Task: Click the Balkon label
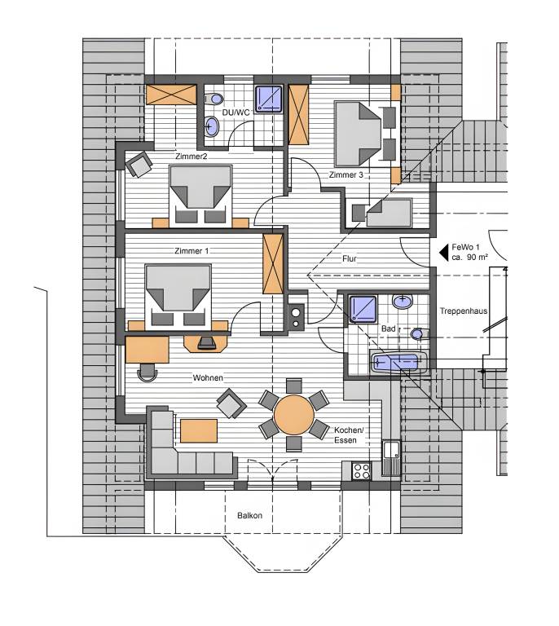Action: (250, 515)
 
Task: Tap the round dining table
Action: (294, 415)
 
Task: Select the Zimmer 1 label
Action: (191, 251)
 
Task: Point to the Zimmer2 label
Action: (191, 156)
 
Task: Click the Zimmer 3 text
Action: (346, 175)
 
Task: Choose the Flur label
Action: (349, 258)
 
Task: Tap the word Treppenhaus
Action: (464, 311)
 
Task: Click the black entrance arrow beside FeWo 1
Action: (443, 253)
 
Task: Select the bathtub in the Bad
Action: (398, 363)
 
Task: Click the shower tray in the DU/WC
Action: (269, 99)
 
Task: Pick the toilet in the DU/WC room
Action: (214, 98)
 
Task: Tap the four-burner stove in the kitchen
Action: (362, 470)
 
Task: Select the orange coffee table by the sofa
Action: (199, 430)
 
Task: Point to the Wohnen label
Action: (208, 377)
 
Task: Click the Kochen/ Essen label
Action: (349, 435)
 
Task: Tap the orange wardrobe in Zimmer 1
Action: (273, 264)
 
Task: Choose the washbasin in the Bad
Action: (403, 302)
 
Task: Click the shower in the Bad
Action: (363, 309)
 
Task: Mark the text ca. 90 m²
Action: (469, 258)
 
